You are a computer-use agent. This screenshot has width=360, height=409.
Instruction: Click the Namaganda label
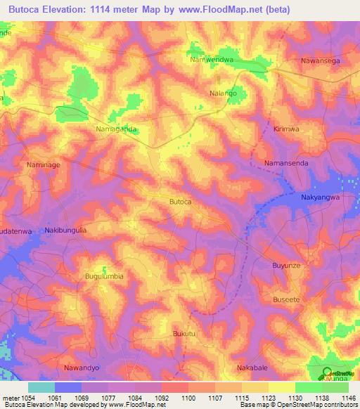point(116,129)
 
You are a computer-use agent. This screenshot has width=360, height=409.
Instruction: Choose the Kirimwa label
point(286,129)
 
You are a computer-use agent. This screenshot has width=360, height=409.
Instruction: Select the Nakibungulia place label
point(65,230)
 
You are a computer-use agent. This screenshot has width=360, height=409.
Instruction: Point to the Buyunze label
point(286,265)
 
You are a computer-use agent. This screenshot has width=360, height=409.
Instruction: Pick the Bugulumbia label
point(104,276)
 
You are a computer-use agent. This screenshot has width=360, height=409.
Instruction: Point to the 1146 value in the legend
point(349,397)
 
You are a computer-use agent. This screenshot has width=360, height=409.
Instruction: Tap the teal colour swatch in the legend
point(41,387)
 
